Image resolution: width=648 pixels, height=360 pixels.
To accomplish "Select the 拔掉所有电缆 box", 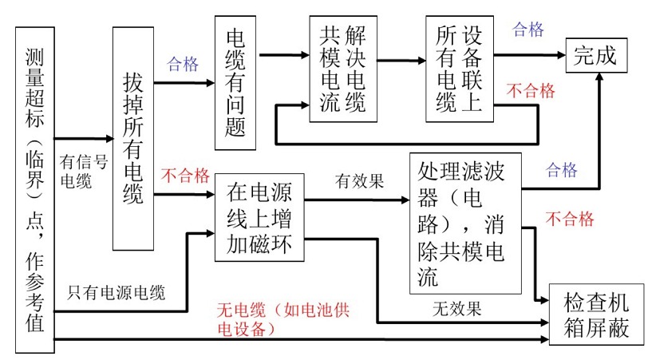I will [x=133, y=139].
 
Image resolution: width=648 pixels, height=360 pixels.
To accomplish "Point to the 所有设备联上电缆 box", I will [x=459, y=68].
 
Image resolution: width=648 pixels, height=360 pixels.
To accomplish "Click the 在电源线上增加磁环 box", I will [x=261, y=219].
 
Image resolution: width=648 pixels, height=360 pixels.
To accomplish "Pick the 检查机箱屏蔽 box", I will [x=597, y=315].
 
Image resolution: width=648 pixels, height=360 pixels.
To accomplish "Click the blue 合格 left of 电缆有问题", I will [x=183, y=65].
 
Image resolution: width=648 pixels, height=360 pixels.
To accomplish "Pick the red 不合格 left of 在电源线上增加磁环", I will [x=185, y=174].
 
